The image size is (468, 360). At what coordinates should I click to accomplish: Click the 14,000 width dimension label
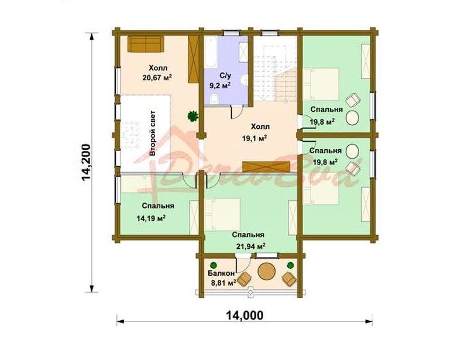tap(245, 315)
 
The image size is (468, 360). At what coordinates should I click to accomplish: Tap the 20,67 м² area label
tap(157, 78)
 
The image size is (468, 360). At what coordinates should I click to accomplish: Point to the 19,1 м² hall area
tap(254, 138)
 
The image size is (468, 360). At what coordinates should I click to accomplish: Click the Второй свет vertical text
tap(152, 133)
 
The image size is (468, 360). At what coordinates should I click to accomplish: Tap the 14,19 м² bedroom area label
tap(151, 218)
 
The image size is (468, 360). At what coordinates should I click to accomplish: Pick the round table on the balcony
tap(267, 271)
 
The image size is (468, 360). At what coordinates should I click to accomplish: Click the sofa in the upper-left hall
tap(146, 44)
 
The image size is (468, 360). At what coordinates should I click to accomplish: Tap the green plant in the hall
tap(193, 116)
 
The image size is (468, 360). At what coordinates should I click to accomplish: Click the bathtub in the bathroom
tap(211, 52)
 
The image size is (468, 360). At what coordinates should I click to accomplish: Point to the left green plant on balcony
tap(214, 265)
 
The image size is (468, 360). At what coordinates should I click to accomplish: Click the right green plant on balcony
tap(290, 265)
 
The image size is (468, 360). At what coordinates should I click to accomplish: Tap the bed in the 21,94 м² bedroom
tap(223, 215)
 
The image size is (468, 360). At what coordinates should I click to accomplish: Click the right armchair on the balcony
tap(289, 279)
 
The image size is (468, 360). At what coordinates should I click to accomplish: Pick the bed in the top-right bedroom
tap(321, 84)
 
